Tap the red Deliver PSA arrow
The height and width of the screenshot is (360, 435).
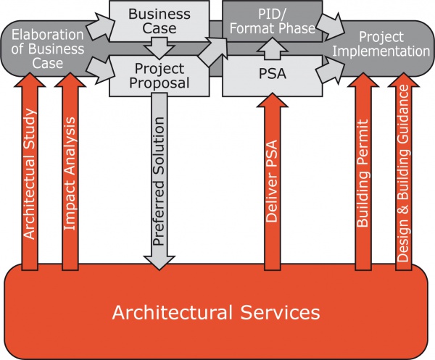pyautogui.click(x=272, y=181)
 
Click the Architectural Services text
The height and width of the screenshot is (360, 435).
pyautogui.click(x=215, y=313)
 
